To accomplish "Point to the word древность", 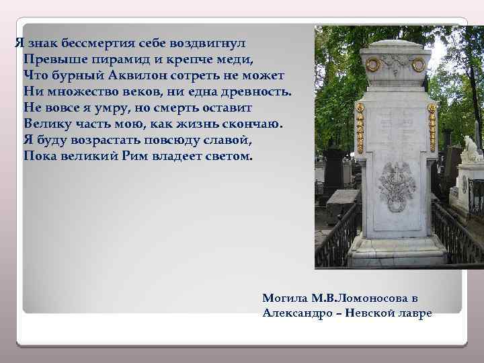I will (x=256, y=90).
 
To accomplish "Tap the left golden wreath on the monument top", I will (x=372, y=64).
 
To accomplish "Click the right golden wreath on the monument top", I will (x=417, y=64).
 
